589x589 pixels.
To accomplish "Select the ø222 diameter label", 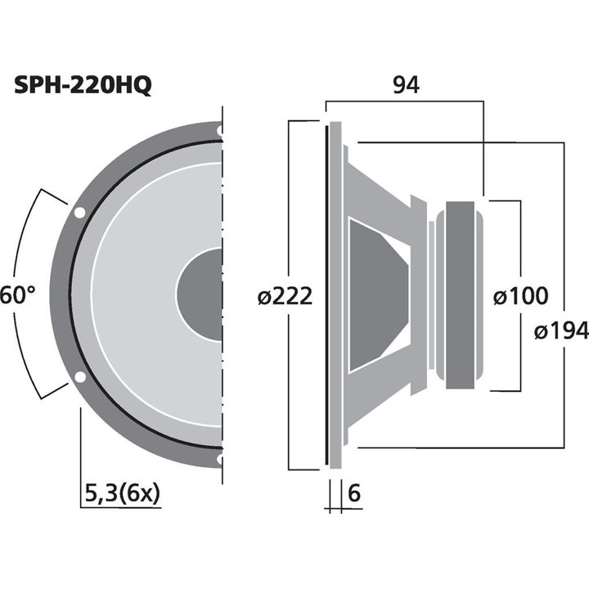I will click(x=285, y=296).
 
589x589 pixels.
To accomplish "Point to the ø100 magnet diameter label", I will click(x=520, y=296).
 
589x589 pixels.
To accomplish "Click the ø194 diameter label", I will click(x=561, y=330).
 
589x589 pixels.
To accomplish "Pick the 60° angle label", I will click(x=17, y=295).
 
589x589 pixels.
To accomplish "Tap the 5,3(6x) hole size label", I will click(x=122, y=493).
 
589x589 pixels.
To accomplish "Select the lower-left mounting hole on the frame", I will click(x=79, y=378).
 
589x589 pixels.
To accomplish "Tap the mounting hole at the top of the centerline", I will click(x=220, y=129).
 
